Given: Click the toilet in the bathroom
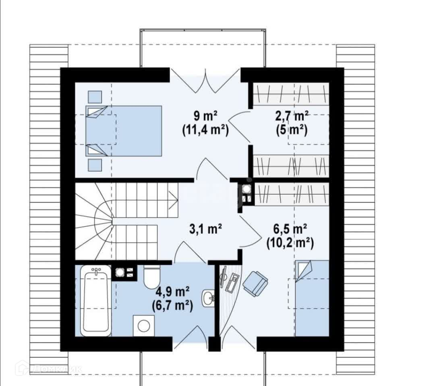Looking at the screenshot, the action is [x=152, y=277].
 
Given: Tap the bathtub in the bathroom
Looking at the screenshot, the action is [x=96, y=301].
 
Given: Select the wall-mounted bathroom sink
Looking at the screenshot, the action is [x=208, y=298].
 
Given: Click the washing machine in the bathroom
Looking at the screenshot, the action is [x=144, y=326].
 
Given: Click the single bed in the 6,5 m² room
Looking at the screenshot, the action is [x=312, y=298].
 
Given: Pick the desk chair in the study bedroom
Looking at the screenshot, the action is [x=255, y=283].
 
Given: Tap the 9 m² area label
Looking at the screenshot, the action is [x=205, y=116].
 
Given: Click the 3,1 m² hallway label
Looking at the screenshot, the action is [x=205, y=229].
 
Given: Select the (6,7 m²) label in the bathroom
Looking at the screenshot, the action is [x=172, y=306].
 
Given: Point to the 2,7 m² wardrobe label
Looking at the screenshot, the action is [x=292, y=116].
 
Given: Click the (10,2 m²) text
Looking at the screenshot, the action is [x=290, y=243].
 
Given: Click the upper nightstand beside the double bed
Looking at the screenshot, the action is [x=95, y=97].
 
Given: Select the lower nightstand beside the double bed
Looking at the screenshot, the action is [x=95, y=165].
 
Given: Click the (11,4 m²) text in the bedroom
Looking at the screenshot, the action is [x=205, y=130].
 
